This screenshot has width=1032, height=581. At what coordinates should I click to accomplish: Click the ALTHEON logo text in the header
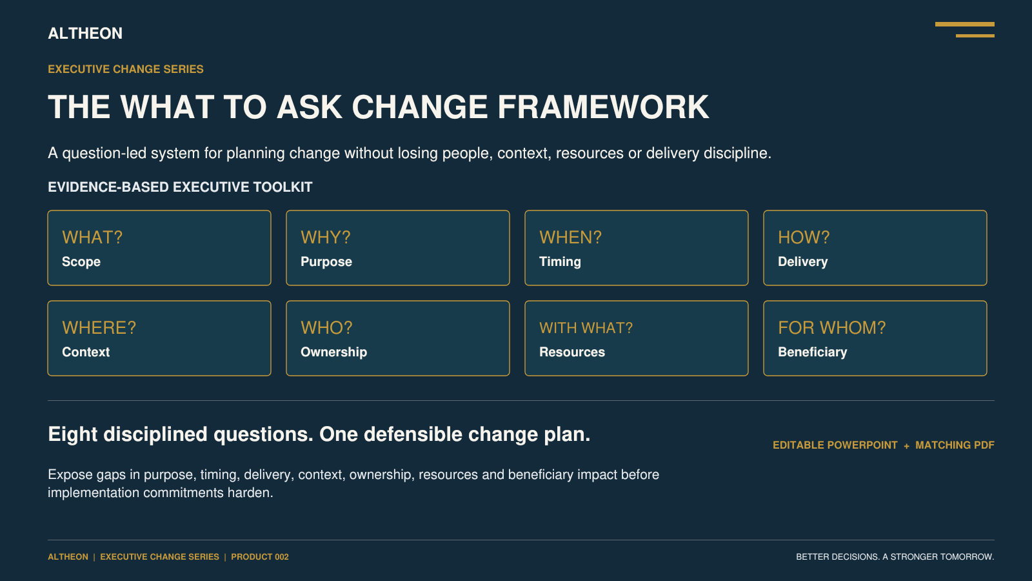pos(85,33)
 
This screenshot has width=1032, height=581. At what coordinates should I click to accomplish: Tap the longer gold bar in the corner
pos(965,24)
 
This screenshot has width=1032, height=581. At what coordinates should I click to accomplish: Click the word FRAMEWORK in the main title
pos(603,107)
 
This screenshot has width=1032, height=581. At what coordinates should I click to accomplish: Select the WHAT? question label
pos(92,237)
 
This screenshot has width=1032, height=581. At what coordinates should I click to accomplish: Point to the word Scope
pos(81,262)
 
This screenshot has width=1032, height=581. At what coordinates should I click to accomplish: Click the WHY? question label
pos(326,237)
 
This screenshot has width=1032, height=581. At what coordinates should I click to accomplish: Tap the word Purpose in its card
pos(326,262)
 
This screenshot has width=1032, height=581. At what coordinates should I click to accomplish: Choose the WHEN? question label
pos(570,237)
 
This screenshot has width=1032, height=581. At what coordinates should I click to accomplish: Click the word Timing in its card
pos(561,262)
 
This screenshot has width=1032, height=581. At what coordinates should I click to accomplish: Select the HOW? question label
pos(804,237)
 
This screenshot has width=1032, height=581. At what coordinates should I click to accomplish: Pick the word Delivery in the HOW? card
pos(803,262)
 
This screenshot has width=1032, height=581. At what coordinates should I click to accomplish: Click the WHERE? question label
pos(99,327)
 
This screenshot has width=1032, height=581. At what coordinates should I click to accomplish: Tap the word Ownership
pos(334,352)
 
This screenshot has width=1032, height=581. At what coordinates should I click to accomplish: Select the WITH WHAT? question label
pos(586,328)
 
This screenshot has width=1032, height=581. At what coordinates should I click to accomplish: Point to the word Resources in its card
pos(572,352)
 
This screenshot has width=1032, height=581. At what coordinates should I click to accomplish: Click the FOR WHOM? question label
pos(832,327)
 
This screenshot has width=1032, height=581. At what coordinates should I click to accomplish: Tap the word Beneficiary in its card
pos(813,352)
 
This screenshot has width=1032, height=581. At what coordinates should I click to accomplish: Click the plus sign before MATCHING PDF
pos(907,446)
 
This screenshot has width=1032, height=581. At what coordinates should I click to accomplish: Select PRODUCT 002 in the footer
pos(260,557)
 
